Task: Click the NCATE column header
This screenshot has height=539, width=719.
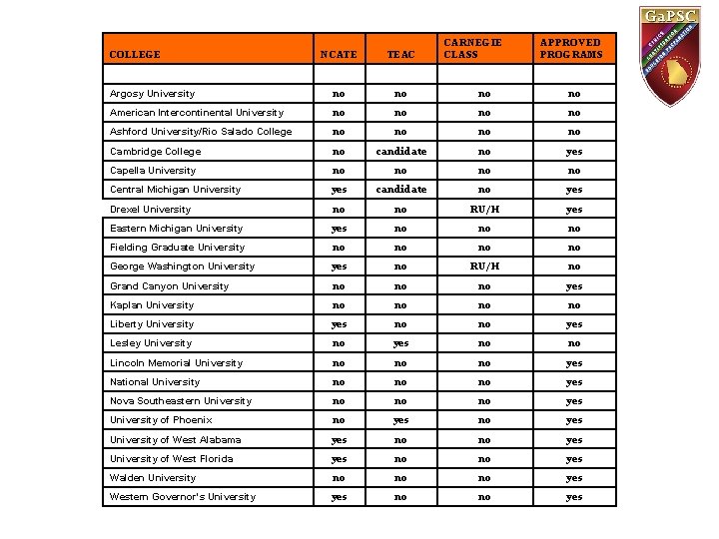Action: point(340,54)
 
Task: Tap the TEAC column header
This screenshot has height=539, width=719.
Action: point(400,54)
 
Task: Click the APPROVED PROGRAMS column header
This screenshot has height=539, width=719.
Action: point(570,48)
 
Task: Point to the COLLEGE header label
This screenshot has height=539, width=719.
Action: point(134,54)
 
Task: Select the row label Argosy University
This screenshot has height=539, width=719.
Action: point(152,94)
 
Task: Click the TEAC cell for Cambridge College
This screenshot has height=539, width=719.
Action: point(400,152)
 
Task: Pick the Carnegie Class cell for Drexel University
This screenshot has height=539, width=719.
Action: point(484,210)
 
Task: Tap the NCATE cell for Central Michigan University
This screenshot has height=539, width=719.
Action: point(340,190)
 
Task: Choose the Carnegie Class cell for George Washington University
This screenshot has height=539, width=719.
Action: point(484,267)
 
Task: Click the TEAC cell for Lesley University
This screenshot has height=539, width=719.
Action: point(400,343)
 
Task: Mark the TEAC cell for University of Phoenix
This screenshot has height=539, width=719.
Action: point(400,420)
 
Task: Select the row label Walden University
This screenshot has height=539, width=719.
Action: point(153,478)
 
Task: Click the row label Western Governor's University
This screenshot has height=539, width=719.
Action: point(183,497)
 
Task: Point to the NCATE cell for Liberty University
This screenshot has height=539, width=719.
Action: point(340,324)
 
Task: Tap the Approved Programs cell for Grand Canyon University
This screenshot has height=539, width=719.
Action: point(574,286)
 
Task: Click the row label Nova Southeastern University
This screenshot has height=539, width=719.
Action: point(181,401)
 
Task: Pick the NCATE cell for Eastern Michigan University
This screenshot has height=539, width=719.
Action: point(340,229)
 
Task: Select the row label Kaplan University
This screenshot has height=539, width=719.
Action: point(152,305)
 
